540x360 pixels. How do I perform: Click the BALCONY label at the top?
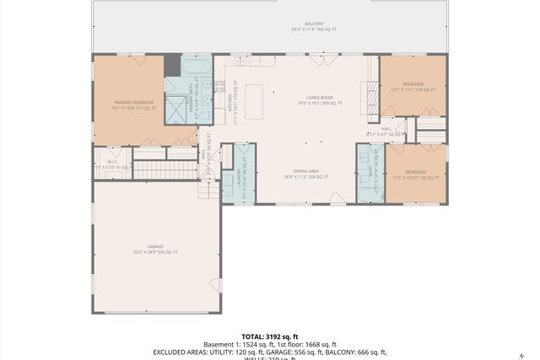pyautogui.click(x=314, y=24)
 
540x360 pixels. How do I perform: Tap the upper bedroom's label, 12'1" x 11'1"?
pyautogui.click(x=412, y=86)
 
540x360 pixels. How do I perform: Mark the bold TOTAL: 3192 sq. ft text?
pyautogui.click(x=269, y=336)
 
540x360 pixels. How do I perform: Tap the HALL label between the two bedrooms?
pyautogui.click(x=386, y=129)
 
